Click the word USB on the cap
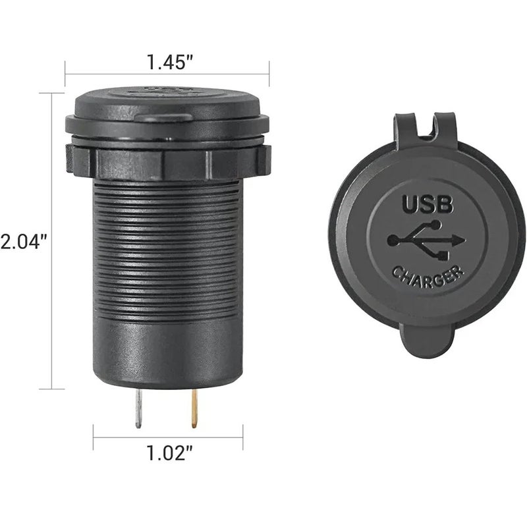(x=430, y=206)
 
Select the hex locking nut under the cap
(x=168, y=158)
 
